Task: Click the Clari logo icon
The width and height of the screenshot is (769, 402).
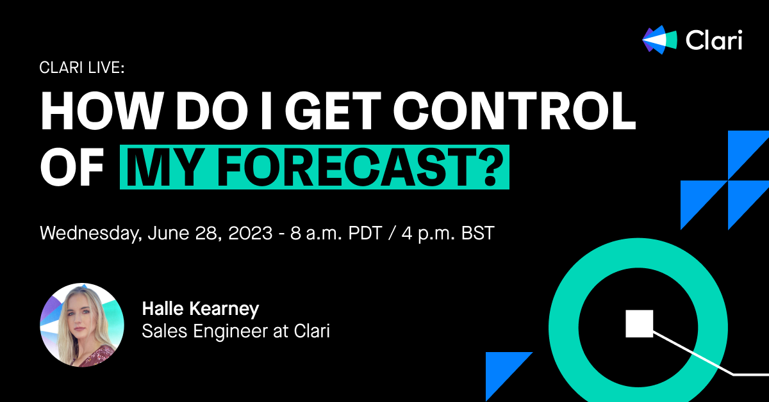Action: tap(659, 40)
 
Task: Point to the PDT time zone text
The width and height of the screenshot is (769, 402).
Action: tap(363, 232)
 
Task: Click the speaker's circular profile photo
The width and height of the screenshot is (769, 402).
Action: tap(82, 325)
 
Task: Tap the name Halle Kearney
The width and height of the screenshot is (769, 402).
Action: tap(201, 310)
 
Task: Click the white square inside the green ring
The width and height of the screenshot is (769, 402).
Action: tap(639, 323)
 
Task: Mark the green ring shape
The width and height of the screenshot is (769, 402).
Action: tap(564, 323)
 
